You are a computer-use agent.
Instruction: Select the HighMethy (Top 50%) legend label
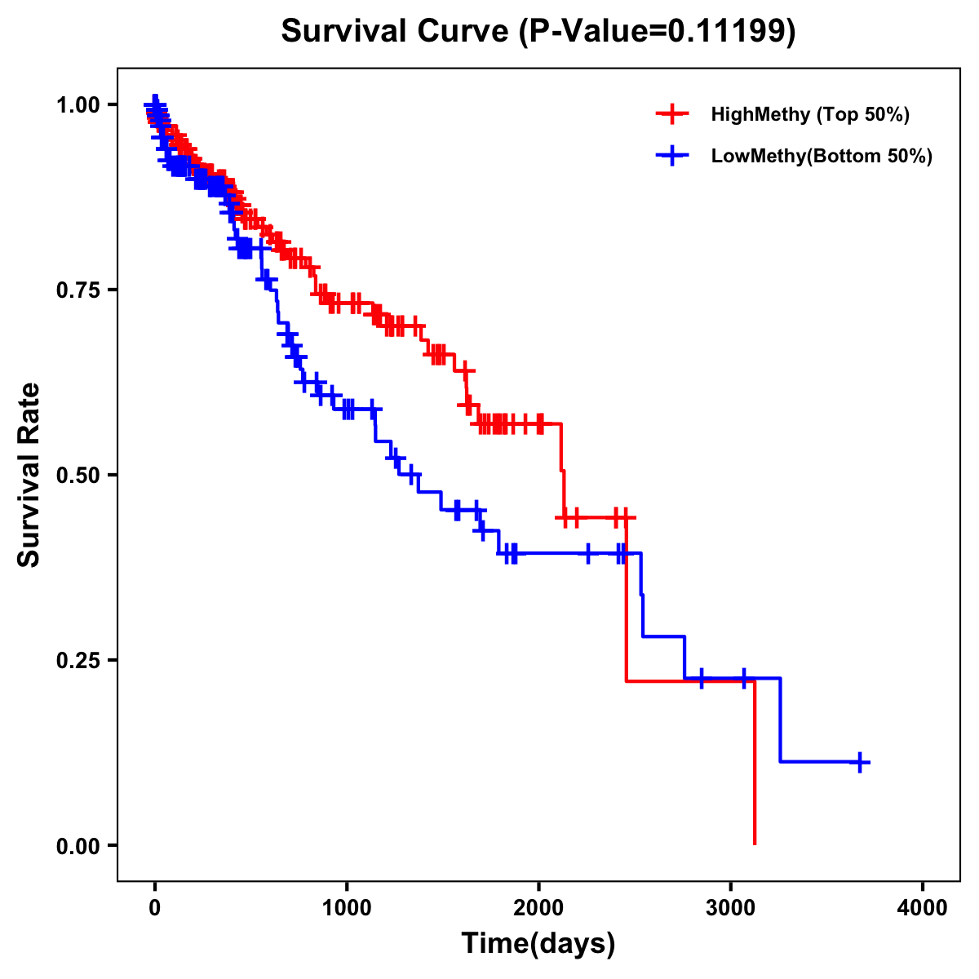810,114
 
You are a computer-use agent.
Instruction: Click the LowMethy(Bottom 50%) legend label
822,156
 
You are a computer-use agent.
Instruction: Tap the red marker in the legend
671,114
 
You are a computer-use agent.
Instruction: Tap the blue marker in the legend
671,156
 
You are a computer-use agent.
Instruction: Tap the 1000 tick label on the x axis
347,907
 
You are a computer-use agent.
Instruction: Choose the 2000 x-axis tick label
538,907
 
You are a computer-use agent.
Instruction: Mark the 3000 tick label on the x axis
731,907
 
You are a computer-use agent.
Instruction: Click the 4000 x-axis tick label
923,907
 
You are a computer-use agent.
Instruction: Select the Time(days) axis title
538,944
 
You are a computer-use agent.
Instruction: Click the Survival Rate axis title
29,475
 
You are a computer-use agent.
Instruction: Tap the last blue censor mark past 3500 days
859,762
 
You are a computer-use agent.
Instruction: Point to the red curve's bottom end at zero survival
755,844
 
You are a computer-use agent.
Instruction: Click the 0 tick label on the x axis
154,907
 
